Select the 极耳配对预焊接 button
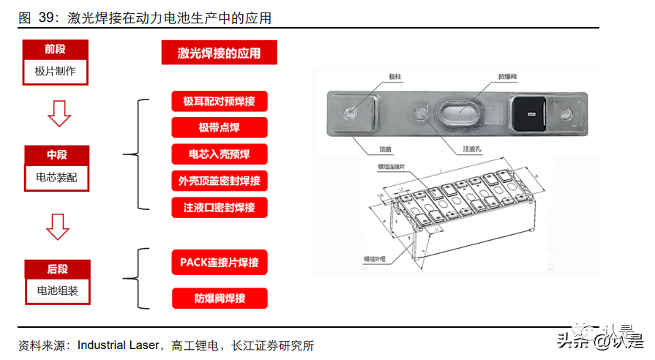tap(220, 101)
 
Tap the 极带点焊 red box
tap(220, 127)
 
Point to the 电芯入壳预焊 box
tap(220, 154)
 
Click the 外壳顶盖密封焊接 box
tap(220, 180)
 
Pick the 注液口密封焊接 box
tap(220, 207)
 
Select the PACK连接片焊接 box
tap(220, 262)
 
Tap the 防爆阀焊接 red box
tap(220, 299)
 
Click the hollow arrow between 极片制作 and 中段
tap(58, 113)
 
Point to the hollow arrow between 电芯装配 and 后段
tap(58, 227)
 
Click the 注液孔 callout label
tap(471, 149)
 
